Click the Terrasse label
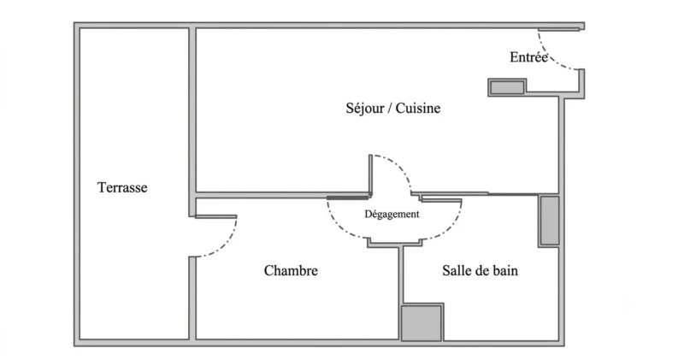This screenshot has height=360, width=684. coord(122,187)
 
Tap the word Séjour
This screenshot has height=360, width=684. coord(365,109)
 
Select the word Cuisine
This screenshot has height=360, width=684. coord(418,109)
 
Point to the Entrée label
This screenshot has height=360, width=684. coord(528,57)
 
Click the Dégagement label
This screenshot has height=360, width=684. coord(392,215)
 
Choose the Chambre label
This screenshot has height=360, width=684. coord(291,270)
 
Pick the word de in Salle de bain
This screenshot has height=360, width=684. coord(480,270)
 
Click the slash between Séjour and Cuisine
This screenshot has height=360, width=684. coord(390,109)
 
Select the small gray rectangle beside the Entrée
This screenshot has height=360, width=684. coord(507,87)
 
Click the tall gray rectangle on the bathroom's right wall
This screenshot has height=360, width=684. coord(549,221)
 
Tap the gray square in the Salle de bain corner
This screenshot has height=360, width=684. coord(422,323)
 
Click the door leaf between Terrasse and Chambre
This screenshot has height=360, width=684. coord(216,216)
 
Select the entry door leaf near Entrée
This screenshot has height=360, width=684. coord(559,29)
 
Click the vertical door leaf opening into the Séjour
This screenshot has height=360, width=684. coord(370,175)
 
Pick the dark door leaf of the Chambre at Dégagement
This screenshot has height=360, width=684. coord(348,198)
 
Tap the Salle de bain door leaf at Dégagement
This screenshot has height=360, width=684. coord(441,200)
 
